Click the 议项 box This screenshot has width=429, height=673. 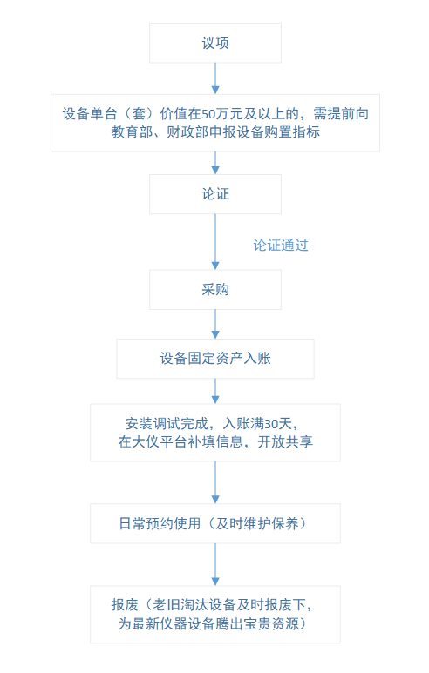click(214, 43)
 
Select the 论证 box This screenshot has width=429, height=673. click(214, 194)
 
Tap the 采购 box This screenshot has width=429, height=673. click(214, 290)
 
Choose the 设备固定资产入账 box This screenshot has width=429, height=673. click(214, 359)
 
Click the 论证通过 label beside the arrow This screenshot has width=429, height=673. click(281, 245)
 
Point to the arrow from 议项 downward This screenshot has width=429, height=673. click(215, 78)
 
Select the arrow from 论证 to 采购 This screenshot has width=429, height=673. click(215, 242)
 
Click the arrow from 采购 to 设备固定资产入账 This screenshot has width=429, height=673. click(215, 325)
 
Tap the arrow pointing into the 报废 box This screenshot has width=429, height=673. click(215, 564)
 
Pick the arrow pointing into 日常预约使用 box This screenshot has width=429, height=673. click(215, 482)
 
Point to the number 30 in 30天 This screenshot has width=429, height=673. click(271, 424)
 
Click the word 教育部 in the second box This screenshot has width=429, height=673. click(132, 131)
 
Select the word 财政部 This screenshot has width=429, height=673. click(187, 131)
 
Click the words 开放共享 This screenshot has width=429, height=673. click(285, 441)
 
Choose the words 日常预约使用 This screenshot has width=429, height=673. click(160, 523)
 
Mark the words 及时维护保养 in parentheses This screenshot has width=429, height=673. click(257, 523)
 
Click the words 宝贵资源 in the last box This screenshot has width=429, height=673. click(271, 623)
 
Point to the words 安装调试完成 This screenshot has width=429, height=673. click(167, 424)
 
